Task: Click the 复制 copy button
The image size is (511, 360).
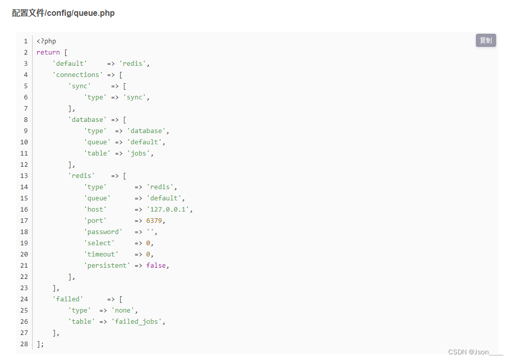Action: [x=486, y=40]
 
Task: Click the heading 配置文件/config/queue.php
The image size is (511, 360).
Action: [x=63, y=13]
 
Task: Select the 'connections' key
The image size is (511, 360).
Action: [x=77, y=74]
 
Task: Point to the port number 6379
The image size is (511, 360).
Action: [x=155, y=220]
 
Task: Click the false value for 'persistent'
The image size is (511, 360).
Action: [x=156, y=265]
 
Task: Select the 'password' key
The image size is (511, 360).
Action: [x=103, y=232]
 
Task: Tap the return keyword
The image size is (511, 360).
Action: [x=48, y=52]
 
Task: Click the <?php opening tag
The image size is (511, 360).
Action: [x=46, y=41]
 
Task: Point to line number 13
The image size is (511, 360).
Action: [x=24, y=175]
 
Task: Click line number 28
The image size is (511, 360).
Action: [x=24, y=344]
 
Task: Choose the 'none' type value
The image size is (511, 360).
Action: [x=124, y=310]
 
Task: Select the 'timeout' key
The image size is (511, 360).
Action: [x=101, y=254]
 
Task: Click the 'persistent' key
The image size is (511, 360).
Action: [x=107, y=265]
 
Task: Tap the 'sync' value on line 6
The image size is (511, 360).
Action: [x=136, y=97]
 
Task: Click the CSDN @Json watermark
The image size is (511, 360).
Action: [x=475, y=352]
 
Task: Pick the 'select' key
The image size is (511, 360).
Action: [x=99, y=243]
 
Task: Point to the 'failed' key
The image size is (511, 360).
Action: [x=68, y=299]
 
